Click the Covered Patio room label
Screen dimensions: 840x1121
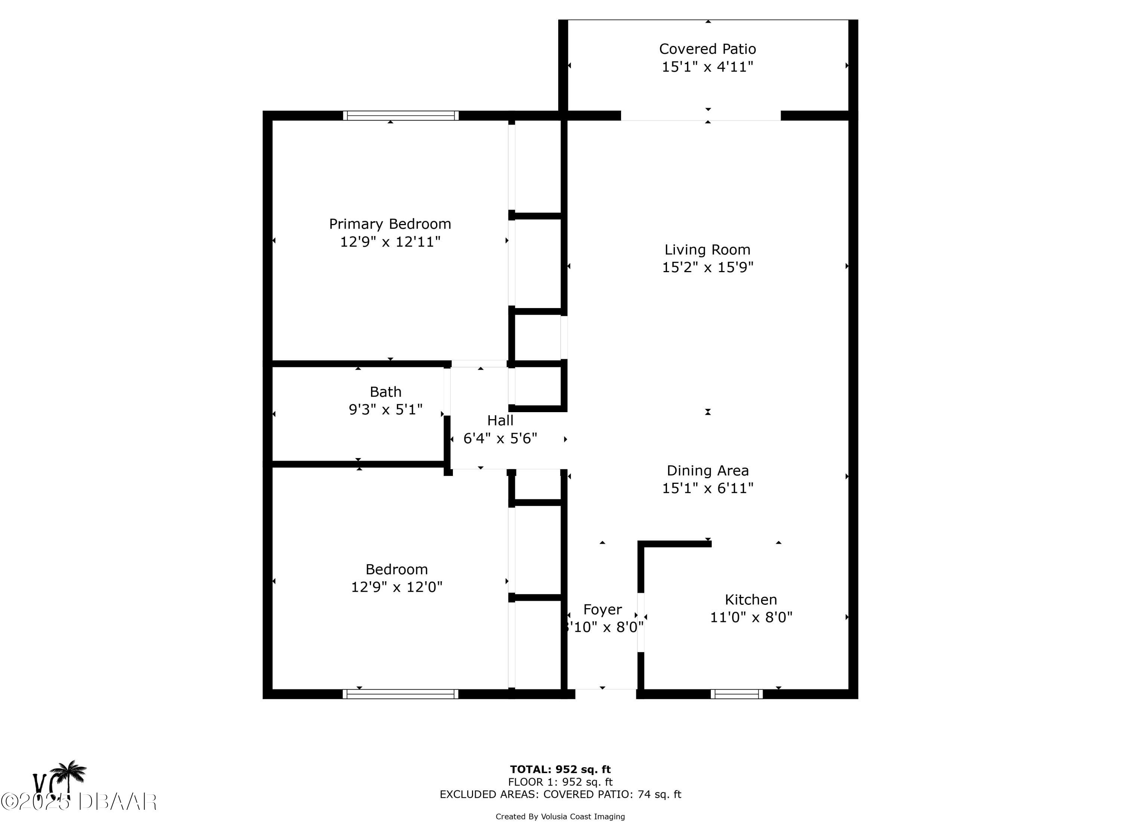(707, 49)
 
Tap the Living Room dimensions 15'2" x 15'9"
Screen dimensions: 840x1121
(707, 267)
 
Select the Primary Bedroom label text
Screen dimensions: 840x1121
(390, 224)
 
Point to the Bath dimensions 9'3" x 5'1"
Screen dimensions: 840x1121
(385, 409)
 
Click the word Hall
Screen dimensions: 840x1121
(500, 420)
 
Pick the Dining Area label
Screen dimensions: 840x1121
(707, 470)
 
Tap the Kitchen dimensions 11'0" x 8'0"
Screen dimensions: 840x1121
(751, 617)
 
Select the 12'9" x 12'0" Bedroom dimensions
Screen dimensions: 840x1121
(396, 587)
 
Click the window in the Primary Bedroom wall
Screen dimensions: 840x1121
(400, 115)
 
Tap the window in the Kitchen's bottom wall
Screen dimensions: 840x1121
(736, 694)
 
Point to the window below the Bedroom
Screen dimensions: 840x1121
(400, 694)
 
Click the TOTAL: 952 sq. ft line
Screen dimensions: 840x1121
(560, 769)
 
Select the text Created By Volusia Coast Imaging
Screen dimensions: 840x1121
(560, 816)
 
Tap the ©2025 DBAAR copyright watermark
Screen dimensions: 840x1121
(78, 801)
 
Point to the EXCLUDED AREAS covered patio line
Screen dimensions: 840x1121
(560, 794)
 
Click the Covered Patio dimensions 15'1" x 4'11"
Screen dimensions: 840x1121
(707, 67)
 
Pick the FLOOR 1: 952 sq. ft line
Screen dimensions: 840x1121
(560, 782)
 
